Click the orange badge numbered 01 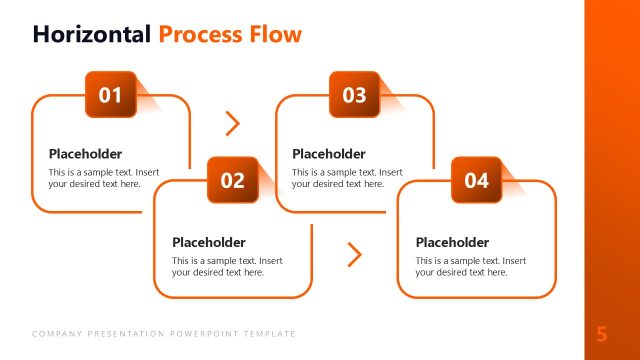[x=110, y=95]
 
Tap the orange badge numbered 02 [x=232, y=180]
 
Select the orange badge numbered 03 [x=354, y=95]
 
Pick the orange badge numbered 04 [x=476, y=180]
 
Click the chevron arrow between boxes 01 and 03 [x=233, y=123]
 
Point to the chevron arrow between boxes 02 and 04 [x=354, y=255]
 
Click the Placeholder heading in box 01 [x=85, y=154]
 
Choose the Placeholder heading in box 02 [x=208, y=242]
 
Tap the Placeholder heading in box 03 [x=329, y=154]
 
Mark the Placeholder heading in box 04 [x=452, y=242]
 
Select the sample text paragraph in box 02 [x=227, y=266]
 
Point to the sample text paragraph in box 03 [x=348, y=178]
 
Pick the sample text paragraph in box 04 [x=471, y=266]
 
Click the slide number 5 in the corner [x=602, y=334]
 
